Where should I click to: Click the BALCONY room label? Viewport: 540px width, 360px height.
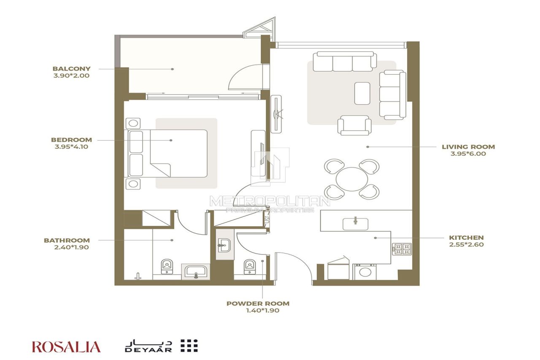pyautogui.click(x=71, y=68)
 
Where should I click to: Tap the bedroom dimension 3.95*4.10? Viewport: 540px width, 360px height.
pyautogui.click(x=71, y=147)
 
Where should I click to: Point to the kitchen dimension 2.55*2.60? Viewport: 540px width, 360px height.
pyautogui.click(x=466, y=244)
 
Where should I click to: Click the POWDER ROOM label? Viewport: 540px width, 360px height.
pyautogui.click(x=258, y=303)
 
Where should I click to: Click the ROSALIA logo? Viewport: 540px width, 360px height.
pyautogui.click(x=66, y=347)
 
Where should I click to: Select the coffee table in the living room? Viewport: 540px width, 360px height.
pyautogui.click(x=362, y=93)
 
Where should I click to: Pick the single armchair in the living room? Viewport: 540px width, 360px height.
pyautogui.click(x=354, y=125)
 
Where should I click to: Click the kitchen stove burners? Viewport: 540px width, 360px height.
pyautogui.click(x=402, y=249)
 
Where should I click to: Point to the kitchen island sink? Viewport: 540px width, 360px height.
pyautogui.click(x=356, y=223)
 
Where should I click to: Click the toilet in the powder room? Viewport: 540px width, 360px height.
pyautogui.click(x=250, y=266)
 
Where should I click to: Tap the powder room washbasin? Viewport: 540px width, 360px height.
pyautogui.click(x=224, y=245)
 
